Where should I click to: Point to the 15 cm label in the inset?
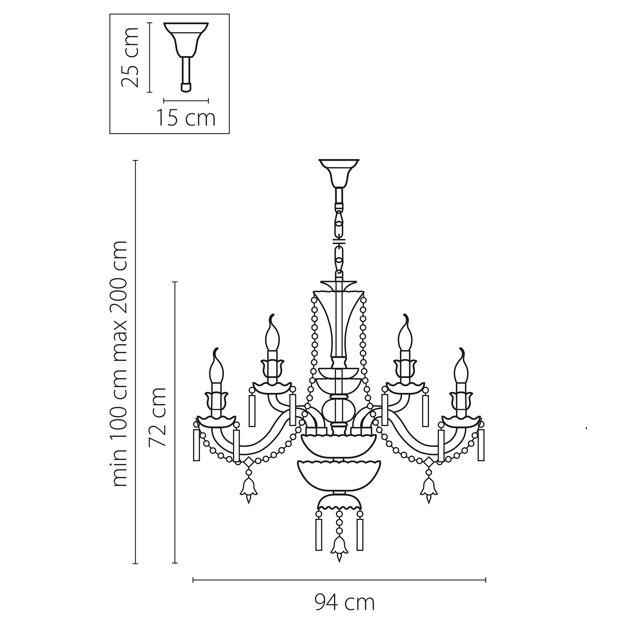[186, 118]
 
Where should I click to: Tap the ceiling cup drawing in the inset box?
[186, 39]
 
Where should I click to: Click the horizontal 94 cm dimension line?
[339, 580]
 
